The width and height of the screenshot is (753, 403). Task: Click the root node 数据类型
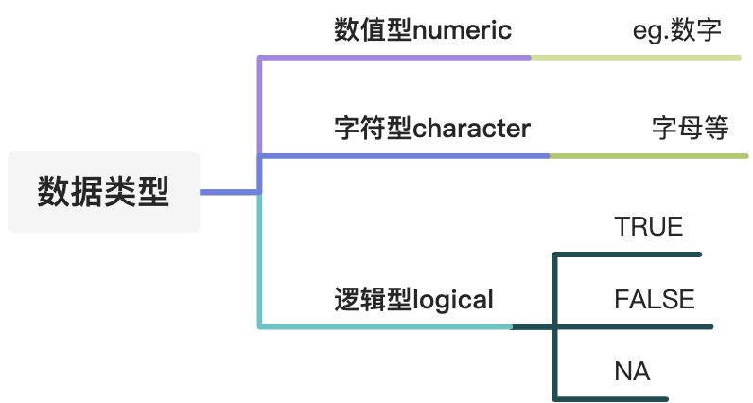103,192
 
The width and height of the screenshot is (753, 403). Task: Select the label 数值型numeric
423,31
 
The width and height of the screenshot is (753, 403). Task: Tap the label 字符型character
432,129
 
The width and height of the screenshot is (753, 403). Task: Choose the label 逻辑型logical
413,301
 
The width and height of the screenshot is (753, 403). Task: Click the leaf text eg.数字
677,31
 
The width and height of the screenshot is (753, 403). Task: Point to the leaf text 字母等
691,129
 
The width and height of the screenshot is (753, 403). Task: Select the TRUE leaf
648,227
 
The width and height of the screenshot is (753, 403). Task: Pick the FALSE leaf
654,301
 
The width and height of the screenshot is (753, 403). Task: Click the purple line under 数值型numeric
397,57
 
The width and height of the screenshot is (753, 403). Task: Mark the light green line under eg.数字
634,57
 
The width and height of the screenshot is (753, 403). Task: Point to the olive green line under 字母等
648,155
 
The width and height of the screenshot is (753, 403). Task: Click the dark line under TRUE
629,254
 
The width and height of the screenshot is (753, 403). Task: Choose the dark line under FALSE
634,327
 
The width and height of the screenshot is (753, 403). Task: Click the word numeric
463,31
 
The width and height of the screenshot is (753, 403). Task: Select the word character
472,129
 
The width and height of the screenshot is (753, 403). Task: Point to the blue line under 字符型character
407,155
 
